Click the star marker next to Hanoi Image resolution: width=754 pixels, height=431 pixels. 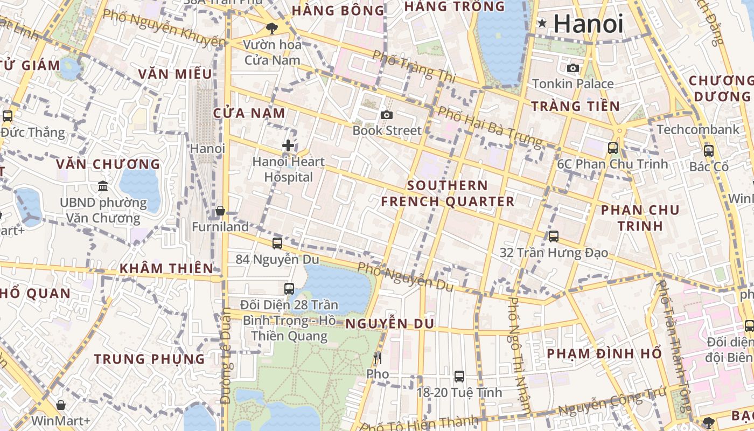[x=542, y=23]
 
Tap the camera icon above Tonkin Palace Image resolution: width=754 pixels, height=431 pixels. [x=573, y=68]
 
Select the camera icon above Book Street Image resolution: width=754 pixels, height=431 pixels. [x=386, y=115]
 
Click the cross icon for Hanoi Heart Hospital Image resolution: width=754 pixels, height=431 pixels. [x=288, y=145]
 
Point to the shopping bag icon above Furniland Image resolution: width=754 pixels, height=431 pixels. [x=220, y=211]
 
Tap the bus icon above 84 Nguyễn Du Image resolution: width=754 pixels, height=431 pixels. [x=277, y=243]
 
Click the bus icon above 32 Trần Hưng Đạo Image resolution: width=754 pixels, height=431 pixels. [x=554, y=236]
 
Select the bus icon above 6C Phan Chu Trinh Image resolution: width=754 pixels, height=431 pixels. [x=613, y=148]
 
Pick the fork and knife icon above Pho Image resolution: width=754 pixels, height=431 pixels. [x=378, y=358]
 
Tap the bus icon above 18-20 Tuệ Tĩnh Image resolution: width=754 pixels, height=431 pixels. [x=459, y=376]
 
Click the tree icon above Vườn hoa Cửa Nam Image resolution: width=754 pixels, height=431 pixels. [x=271, y=28]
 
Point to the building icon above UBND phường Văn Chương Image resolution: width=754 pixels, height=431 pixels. [x=103, y=186]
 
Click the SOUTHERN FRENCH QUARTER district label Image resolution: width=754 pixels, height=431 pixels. [x=448, y=193]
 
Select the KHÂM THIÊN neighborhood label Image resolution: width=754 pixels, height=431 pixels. [x=166, y=268]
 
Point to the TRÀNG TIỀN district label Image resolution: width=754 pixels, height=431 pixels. [x=575, y=106]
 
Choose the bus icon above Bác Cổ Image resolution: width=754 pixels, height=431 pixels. [x=709, y=150]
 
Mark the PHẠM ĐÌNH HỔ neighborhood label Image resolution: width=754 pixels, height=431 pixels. [x=604, y=354]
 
